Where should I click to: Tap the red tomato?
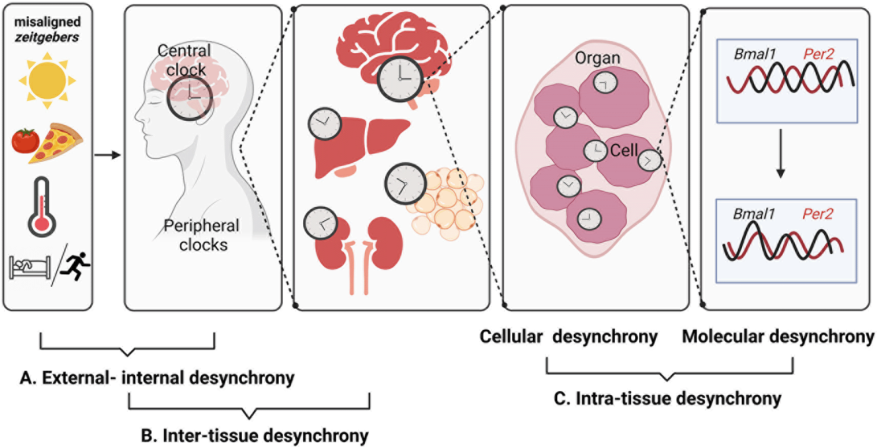point(26,140)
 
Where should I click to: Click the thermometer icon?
point(42,207)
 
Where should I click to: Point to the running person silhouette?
point(76,266)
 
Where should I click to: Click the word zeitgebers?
point(47,37)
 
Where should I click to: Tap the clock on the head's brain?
point(190,98)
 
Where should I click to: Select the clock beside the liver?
point(324,124)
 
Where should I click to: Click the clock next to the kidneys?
point(320,223)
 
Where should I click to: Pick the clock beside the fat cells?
point(405,183)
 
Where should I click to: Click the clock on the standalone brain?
point(400,79)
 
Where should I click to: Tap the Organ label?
point(597,58)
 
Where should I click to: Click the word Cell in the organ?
point(624,151)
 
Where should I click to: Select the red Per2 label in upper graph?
point(818,54)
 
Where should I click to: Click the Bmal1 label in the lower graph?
point(754,214)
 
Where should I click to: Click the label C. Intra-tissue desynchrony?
point(667,398)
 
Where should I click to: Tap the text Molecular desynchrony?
point(778,336)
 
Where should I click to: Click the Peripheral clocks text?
point(202,235)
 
